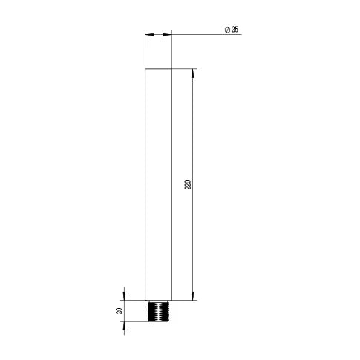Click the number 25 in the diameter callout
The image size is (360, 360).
coord(235,30)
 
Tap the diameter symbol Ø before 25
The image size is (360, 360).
coord(227,30)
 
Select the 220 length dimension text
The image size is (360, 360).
coord(187,184)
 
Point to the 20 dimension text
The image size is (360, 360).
coord(119,310)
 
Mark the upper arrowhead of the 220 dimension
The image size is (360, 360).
coord(194,73)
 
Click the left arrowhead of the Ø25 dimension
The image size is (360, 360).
coord(148,34)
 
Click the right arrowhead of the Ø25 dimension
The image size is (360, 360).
coord(168,34)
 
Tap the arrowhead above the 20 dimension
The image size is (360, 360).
coord(125,295)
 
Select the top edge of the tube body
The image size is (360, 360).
coord(158,69)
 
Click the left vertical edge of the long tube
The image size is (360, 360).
coord(145,186)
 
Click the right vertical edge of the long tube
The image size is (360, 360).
coord(171,186)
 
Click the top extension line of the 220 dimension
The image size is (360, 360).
coord(186,69)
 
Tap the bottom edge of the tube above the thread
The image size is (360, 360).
coord(158,301)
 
